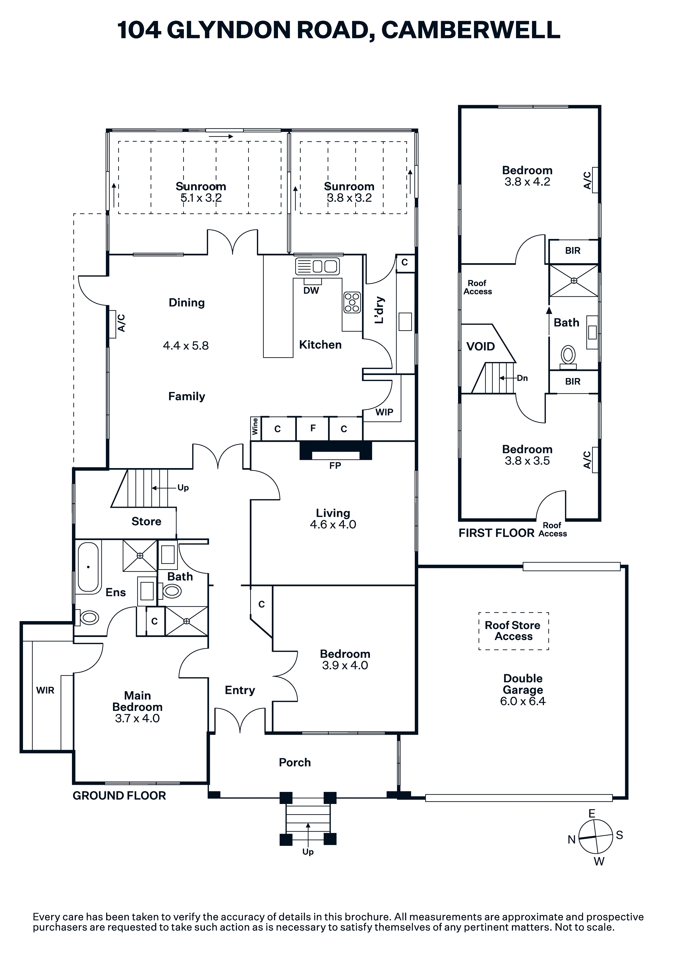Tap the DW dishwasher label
click(311, 290)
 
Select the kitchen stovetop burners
click(352, 302)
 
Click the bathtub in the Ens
click(88, 567)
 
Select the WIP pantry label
click(384, 412)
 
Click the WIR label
click(45, 690)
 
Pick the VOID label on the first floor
click(481, 346)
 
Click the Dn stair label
click(523, 378)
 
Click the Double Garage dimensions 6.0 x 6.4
click(523, 701)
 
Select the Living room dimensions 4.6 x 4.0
click(333, 524)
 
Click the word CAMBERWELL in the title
click(471, 30)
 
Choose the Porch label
click(295, 763)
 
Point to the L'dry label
click(379, 310)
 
